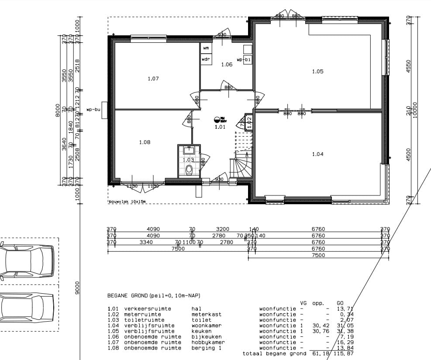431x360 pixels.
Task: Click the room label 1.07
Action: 153,79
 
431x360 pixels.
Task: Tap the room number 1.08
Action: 145,142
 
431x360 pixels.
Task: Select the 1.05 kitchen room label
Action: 317,72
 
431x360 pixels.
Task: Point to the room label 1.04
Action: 317,154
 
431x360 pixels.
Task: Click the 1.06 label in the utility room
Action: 227,65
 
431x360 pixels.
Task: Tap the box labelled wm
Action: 206,48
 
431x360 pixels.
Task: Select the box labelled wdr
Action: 206,59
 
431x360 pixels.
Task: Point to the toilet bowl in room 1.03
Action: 189,169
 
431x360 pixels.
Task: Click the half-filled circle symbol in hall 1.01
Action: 217,119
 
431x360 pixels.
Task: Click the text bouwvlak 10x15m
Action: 127,202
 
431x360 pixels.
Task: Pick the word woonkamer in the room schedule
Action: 207,326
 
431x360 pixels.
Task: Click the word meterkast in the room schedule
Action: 207,314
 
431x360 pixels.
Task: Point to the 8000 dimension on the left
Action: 57,110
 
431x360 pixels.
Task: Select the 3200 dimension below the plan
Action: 223,229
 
